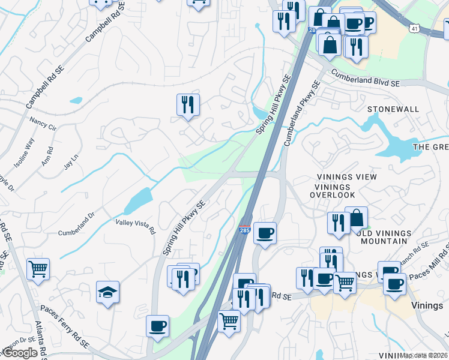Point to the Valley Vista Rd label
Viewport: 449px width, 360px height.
(135, 226)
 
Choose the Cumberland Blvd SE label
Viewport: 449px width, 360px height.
(365, 77)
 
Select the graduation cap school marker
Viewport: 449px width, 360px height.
(108, 292)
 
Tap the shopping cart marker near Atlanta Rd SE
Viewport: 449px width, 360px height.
(38, 268)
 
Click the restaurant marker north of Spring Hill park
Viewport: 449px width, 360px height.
(188, 105)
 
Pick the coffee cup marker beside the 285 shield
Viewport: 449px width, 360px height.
(265, 232)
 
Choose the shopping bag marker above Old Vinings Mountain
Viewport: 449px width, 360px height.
(356, 217)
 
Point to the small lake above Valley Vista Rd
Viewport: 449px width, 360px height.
(137, 200)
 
